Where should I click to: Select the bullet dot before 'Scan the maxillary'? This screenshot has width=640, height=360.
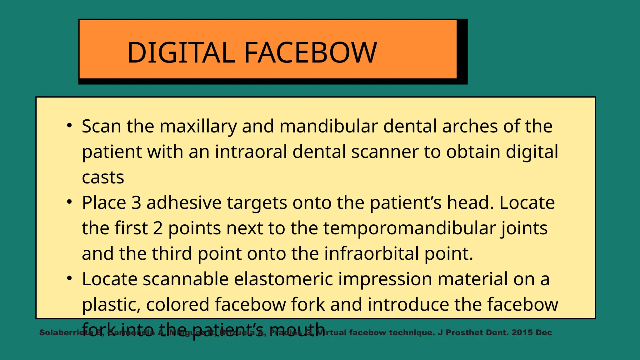tap(69, 126)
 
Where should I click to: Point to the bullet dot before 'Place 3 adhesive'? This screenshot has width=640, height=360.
tap(69, 202)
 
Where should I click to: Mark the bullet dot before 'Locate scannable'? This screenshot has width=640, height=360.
tap(69, 278)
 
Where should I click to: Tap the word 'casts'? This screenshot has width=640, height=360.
tap(103, 177)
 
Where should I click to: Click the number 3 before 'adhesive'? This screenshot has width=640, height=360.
tap(136, 202)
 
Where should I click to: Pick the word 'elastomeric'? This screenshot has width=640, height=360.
tap(283, 279)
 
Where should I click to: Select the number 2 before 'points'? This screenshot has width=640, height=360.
tap(158, 228)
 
